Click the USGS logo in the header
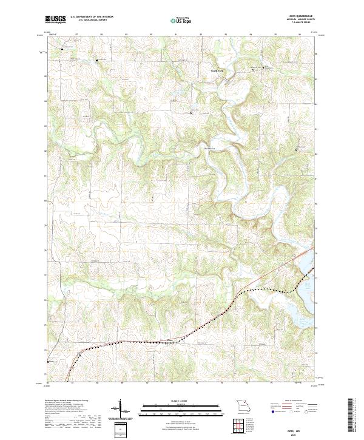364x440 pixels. point(56,19)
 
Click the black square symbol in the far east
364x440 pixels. point(297,149)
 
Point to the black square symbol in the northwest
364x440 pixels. point(96,60)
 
